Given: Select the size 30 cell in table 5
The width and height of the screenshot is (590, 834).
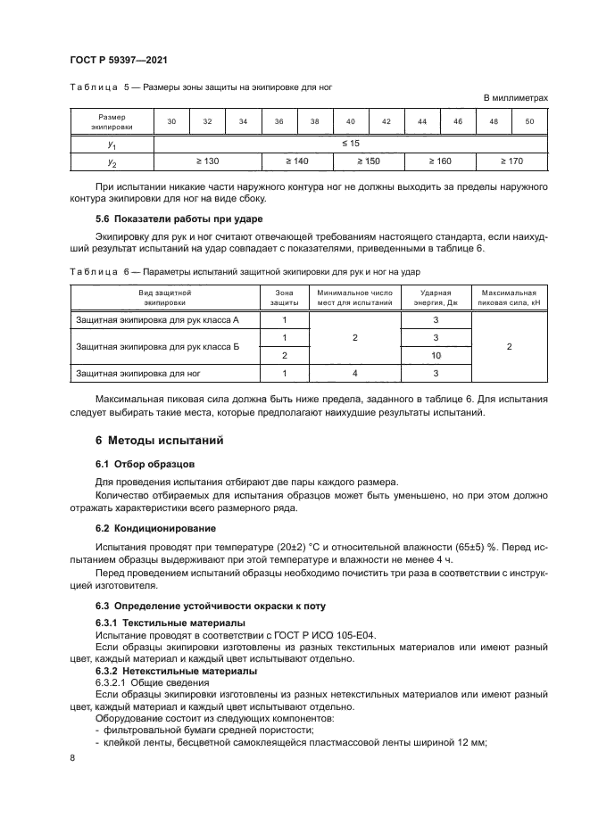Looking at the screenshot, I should [171, 121].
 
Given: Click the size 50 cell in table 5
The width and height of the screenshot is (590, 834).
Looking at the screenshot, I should [529, 121].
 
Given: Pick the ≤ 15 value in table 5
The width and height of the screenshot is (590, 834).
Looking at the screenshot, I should [350, 143].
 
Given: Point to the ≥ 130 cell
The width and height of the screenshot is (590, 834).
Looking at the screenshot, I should [207, 161].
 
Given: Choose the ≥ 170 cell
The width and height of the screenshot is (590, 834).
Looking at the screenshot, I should [511, 161].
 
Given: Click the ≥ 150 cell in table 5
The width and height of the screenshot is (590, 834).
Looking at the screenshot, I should [368, 161].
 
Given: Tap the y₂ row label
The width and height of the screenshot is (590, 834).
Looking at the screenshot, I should [112, 161].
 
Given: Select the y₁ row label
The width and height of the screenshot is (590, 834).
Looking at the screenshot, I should [112, 143].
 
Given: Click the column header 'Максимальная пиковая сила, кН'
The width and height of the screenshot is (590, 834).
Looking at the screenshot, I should [508, 297].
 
